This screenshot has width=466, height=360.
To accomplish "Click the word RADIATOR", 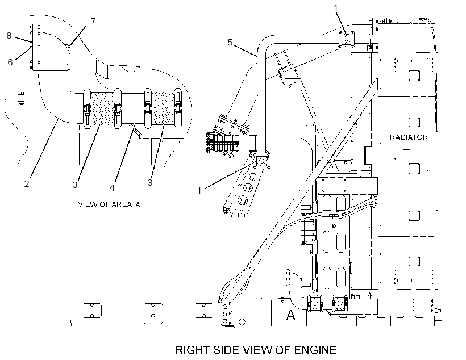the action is (x=409, y=137).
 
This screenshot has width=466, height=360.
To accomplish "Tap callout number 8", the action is (x=9, y=36).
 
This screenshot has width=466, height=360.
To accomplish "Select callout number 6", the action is (x=10, y=62).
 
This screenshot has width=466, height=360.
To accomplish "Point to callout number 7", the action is (x=93, y=22).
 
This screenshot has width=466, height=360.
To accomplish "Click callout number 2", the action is (x=27, y=184).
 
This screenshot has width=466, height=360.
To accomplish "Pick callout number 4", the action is (x=112, y=188).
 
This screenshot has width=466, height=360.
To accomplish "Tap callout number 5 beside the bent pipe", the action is (x=230, y=43).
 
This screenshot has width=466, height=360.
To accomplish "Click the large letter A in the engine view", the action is (x=290, y=315).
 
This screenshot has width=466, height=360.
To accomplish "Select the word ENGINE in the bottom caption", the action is (x=315, y=350).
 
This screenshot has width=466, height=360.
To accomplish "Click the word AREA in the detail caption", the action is (x=122, y=204).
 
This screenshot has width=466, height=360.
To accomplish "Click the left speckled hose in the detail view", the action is (x=102, y=108).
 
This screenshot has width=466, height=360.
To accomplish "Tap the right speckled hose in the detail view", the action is (x=163, y=108).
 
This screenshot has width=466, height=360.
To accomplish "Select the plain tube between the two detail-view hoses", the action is (x=133, y=108).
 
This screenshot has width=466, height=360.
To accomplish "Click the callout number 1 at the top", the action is (x=336, y=8).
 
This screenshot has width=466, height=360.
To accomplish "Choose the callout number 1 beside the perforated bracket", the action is (x=199, y=191).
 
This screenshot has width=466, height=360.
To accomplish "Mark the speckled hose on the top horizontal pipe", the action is (x=346, y=39).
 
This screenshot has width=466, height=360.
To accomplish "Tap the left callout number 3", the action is (x=75, y=185).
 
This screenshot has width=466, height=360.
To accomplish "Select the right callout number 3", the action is (x=150, y=182).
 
